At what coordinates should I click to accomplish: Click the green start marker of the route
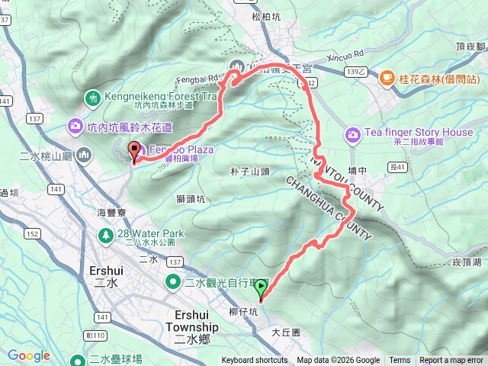[262, 287]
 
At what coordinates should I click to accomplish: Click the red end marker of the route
[134, 150]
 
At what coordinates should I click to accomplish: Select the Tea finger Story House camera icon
[352, 135]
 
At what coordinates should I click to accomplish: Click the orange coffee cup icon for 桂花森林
[387, 78]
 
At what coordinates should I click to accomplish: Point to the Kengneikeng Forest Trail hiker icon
[93, 98]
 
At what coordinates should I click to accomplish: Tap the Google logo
[29, 355]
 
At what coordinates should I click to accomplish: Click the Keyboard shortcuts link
[255, 361]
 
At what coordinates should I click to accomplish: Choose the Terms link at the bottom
[400, 361]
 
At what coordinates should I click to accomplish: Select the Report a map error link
[452, 361]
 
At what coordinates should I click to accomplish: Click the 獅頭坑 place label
[191, 200]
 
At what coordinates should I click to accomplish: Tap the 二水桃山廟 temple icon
[84, 156]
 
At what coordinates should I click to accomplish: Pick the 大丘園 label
[286, 333]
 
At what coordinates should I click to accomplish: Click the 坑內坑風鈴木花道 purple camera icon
[75, 126]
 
